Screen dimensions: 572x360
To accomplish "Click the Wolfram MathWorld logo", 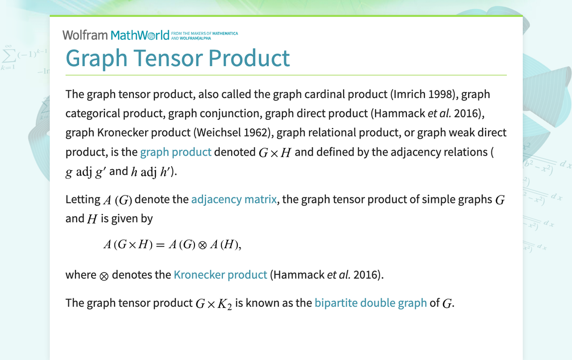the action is [x=115, y=35].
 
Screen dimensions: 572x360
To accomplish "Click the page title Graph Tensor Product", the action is [x=178, y=58].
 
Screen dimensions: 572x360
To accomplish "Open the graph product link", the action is [x=176, y=152].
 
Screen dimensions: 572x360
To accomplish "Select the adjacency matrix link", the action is [x=234, y=199].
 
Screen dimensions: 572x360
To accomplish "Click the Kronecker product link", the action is [x=220, y=274].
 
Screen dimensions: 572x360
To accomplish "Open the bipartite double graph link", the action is [x=371, y=303].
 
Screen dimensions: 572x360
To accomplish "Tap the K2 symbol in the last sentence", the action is [x=225, y=304].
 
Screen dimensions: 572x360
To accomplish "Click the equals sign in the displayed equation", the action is [x=160, y=245].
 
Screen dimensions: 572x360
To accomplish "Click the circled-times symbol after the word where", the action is [x=104, y=276].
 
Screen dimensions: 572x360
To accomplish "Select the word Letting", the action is [x=83, y=199].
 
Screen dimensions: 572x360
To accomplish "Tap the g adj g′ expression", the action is [x=86, y=172].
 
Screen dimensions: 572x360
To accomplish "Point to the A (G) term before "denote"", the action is [x=117, y=200].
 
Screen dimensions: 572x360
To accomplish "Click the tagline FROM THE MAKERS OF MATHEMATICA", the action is [x=204, y=33].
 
